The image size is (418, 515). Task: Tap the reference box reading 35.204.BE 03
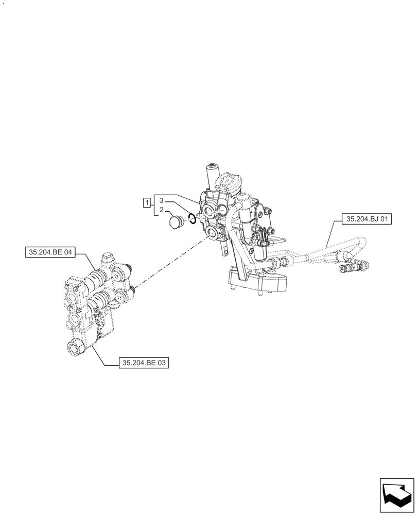click(x=144, y=363)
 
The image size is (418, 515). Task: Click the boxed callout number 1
click(x=147, y=201)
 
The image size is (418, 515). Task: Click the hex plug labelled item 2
click(x=176, y=222)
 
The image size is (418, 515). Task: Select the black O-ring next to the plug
click(x=191, y=218)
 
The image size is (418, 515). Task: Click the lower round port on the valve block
click(x=212, y=235)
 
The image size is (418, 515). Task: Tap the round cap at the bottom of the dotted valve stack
click(x=75, y=348)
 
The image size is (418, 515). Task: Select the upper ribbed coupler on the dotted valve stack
click(x=96, y=281)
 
